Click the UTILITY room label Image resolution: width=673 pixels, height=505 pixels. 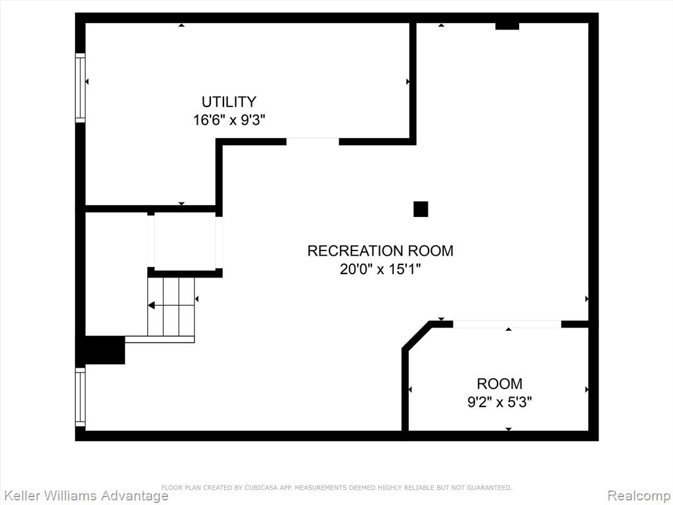coord(229,102)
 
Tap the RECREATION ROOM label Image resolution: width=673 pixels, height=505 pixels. coord(381,251)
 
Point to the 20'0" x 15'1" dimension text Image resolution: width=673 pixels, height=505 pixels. coord(381,269)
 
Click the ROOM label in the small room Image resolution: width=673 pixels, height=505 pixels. coord(499,383)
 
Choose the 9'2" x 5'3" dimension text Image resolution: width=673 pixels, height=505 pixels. coord(499,402)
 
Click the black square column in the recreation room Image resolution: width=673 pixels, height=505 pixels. coord(421,209)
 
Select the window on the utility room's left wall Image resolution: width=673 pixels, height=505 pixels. coord(80,87)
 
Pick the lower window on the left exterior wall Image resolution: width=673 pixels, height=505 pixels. coord(80,397)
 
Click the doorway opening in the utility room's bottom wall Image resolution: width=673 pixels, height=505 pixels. coord(312,142)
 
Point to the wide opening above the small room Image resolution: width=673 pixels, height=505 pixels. coord(507,324)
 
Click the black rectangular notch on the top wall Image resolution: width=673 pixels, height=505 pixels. coord(507,26)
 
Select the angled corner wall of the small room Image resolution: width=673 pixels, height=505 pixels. coord(416,335)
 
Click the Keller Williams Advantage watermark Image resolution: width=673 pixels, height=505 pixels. coord(86,496)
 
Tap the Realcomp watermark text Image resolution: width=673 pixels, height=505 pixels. coord(639,496)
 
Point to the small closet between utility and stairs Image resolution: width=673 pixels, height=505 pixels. coord(185,241)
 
